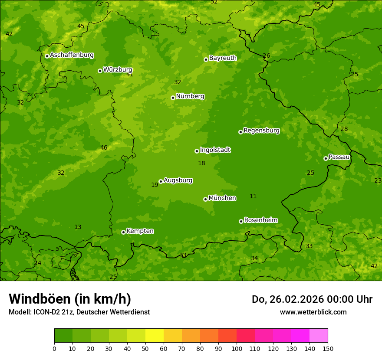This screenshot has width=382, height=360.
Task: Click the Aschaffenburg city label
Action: click(72, 55)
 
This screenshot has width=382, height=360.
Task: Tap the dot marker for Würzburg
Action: click(100, 71)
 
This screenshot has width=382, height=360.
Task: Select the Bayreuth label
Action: click(223, 58)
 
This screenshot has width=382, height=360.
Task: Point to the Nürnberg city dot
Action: click(173, 98)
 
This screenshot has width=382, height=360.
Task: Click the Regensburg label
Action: click(261, 131)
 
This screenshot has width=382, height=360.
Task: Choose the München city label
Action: click(222, 198)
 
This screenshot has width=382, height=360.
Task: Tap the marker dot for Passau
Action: click(326, 158)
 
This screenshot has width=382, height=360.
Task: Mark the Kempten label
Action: click(140, 231)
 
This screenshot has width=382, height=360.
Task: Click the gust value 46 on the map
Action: click(104, 148)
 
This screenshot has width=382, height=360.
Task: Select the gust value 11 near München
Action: click(253, 196)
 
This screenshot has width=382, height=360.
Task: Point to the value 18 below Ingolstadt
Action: click(201, 164)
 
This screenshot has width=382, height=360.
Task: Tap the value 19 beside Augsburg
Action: click(155, 185)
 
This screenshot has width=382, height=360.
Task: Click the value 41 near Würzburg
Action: click(130, 75)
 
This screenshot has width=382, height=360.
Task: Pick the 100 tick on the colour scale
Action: click(237, 349)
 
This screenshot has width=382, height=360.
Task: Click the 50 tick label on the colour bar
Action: click(145, 349)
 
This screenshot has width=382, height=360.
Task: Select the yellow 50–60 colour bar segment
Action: click(155, 336)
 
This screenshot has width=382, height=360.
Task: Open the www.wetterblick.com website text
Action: click(313, 312)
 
